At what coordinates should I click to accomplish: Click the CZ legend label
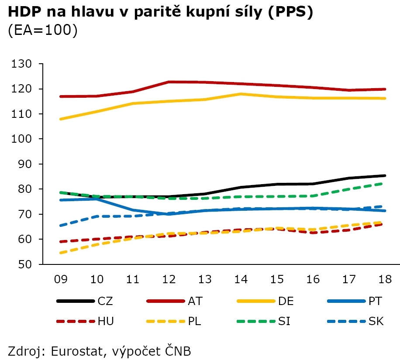point(106,301)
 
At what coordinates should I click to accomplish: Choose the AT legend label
point(195,301)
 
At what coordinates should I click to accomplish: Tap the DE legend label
point(286,301)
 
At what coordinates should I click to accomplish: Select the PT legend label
point(376,301)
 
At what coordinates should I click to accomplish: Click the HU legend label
point(106,322)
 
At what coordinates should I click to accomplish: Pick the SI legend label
point(284,322)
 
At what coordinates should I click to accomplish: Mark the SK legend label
point(376,322)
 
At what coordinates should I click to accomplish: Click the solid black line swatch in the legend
point(76,301)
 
